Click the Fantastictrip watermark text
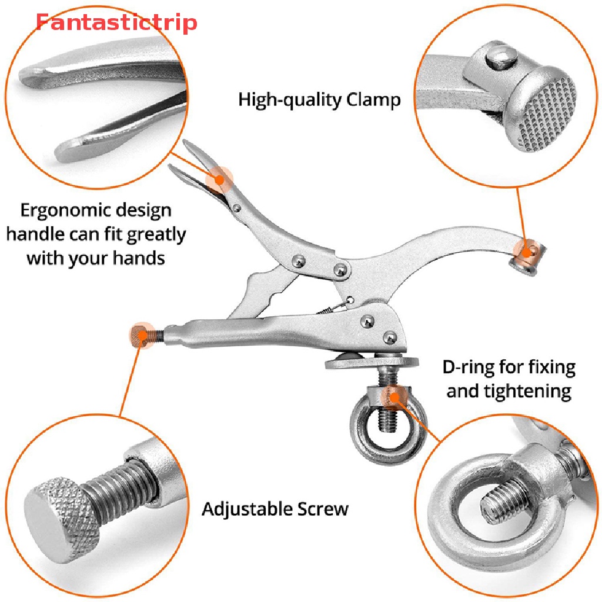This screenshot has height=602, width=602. coord(116,23)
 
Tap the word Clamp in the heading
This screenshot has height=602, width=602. coord(373,99)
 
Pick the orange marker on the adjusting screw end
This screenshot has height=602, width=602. coord(141,335)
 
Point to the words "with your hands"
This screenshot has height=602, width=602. coord(95,257)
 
